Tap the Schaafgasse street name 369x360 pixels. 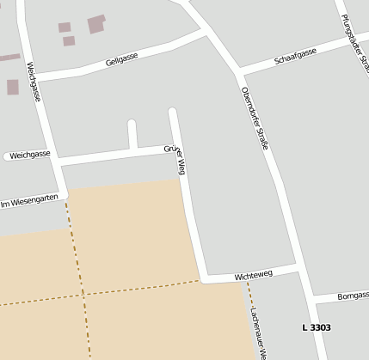[295, 57]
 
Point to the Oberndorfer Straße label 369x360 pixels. [255, 117]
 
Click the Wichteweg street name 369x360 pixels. [253, 275]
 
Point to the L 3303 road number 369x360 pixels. [317, 327]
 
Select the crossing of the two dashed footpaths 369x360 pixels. [86, 294]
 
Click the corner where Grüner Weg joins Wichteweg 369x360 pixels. [203, 279]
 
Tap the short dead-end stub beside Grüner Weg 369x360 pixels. [132, 133]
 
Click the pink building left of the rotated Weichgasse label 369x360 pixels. [12, 87]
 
